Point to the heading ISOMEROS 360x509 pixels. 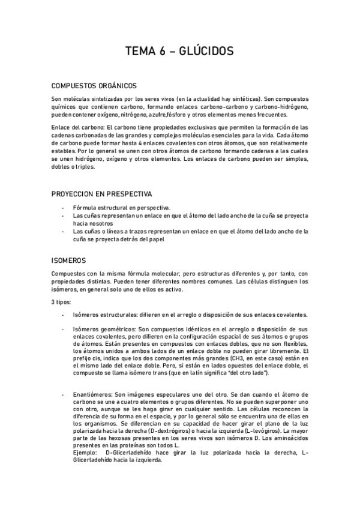69,261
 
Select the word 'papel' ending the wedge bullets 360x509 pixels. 155,239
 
